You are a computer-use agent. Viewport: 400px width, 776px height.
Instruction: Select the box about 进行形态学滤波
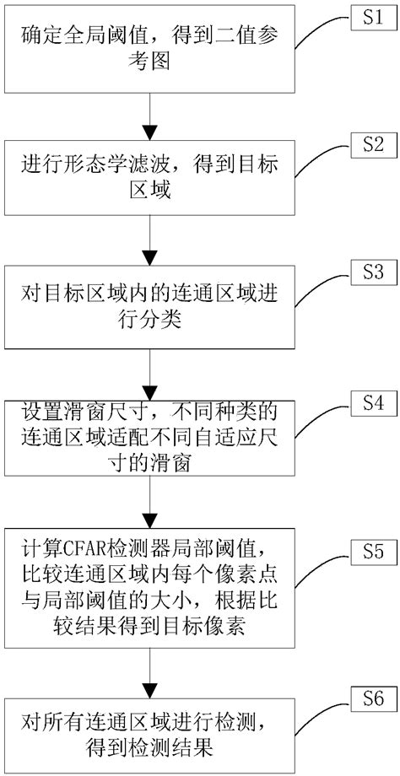tap(149, 178)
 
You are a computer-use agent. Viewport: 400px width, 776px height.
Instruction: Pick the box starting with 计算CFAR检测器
tap(149, 585)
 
